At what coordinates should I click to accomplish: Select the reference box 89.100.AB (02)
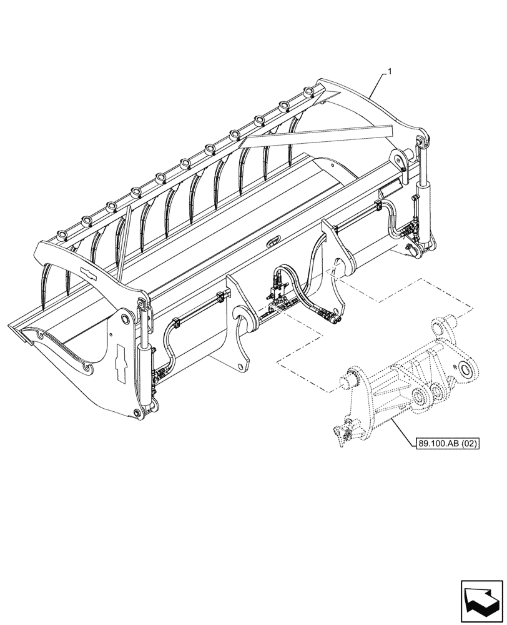pyautogui.click(x=445, y=444)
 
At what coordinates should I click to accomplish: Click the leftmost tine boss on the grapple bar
pyautogui.click(x=62, y=234)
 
